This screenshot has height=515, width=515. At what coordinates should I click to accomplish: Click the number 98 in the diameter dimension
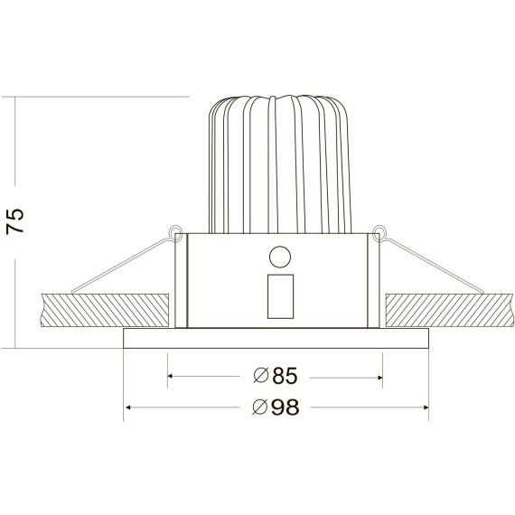click(x=284, y=407)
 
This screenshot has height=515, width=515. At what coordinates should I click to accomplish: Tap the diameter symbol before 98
click(x=259, y=407)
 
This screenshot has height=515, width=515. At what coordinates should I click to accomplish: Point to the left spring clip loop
click(x=173, y=232)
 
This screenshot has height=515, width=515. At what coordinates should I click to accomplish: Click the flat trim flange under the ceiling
click(x=276, y=339)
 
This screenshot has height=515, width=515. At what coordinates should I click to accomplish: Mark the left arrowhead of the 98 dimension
click(x=127, y=407)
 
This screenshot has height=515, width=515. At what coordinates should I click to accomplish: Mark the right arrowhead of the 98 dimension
click(x=424, y=407)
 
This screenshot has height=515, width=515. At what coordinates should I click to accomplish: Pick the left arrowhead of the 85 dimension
click(x=173, y=375)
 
